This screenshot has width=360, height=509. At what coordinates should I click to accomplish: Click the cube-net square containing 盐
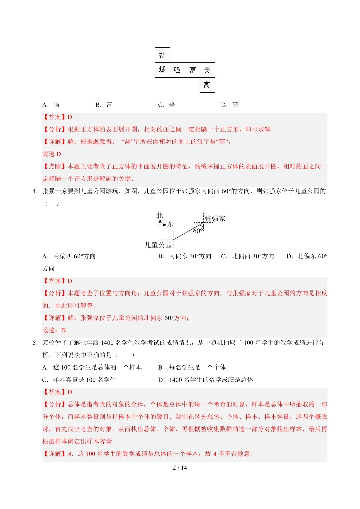tap(162, 55)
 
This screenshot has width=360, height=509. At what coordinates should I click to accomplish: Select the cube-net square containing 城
tap(162, 70)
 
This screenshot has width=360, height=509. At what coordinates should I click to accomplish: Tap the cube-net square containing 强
tap(177, 70)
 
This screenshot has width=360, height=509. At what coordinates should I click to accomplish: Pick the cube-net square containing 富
tap(192, 70)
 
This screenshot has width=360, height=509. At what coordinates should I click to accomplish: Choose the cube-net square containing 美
tap(207, 70)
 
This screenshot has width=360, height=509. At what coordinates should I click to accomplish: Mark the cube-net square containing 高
tap(207, 85)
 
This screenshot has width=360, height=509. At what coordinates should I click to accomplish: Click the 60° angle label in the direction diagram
tap(197, 231)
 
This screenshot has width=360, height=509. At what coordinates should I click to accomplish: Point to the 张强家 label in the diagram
tap(215, 219)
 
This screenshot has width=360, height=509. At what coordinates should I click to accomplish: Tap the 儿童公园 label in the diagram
tap(158, 245)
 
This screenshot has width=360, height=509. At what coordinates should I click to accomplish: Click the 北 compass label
tap(160, 216)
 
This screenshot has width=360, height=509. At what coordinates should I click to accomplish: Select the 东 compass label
tap(170, 224)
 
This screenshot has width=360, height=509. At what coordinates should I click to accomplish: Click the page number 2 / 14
tap(180, 468)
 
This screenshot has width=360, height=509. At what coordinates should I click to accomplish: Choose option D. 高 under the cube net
tap(230, 105)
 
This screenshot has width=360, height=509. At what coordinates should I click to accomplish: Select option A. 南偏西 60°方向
tap(69, 256)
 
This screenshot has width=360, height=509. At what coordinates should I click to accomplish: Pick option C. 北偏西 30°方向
tap(248, 256)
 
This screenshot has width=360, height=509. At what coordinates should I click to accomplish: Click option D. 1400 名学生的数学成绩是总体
tap(206, 380)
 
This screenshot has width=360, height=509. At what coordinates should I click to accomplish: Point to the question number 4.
tap(35, 191)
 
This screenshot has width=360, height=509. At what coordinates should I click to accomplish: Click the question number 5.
tap(35, 343)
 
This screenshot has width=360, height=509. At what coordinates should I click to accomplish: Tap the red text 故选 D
tap(52, 154)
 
